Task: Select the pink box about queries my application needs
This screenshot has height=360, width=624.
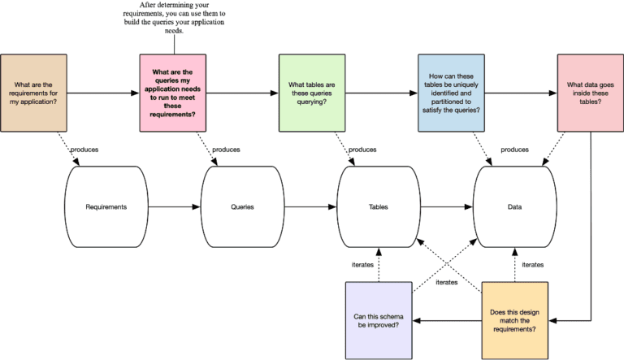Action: (x=173, y=93)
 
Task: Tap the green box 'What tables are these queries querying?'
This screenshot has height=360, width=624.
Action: (x=312, y=93)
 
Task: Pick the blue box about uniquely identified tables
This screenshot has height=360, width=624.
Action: (x=451, y=93)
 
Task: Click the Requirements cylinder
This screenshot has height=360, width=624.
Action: (x=106, y=207)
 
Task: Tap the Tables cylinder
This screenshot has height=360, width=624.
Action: (x=378, y=207)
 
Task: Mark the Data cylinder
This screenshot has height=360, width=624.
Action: (x=514, y=207)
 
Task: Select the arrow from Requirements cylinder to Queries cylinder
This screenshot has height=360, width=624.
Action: (x=174, y=207)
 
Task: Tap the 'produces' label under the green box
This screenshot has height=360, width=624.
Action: (x=362, y=150)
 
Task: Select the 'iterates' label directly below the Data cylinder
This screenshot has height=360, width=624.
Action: (x=532, y=264)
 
